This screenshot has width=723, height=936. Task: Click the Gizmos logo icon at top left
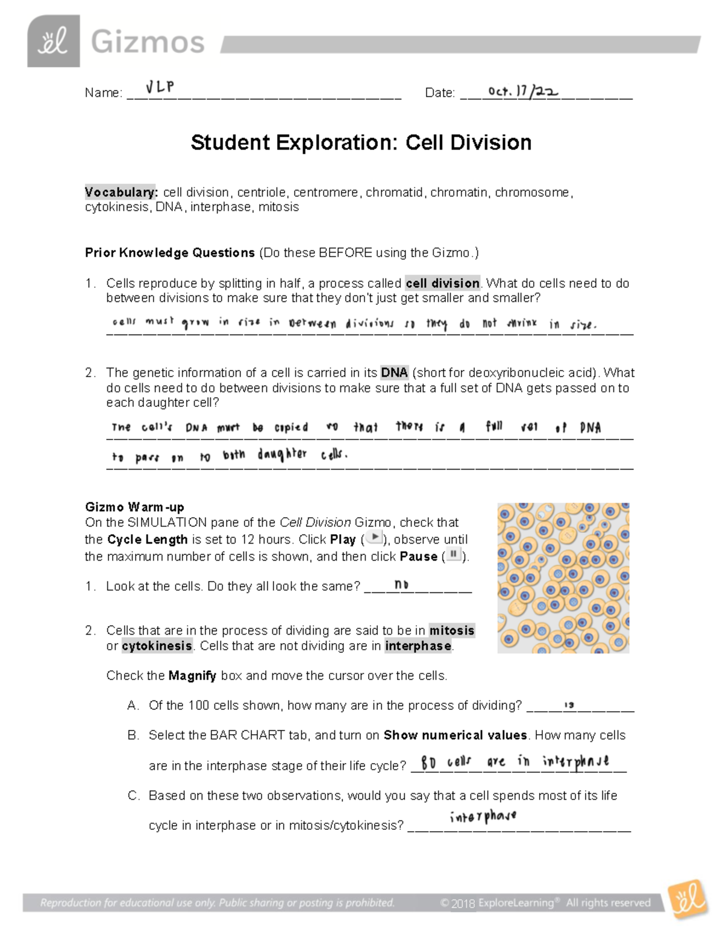54,41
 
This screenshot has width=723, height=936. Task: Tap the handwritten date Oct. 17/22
523,91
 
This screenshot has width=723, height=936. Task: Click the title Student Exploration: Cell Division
361,143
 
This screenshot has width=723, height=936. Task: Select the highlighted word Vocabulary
121,192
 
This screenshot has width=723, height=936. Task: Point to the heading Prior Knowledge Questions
170,253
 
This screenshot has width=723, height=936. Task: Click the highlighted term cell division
442,283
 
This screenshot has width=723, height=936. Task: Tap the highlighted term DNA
395,372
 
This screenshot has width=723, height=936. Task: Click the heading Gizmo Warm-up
134,507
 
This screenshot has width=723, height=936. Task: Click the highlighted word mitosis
452,630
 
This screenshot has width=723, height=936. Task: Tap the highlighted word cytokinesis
157,646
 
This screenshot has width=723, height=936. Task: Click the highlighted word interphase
418,646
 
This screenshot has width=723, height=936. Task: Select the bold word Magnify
192,676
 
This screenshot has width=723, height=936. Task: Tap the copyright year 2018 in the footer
463,903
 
